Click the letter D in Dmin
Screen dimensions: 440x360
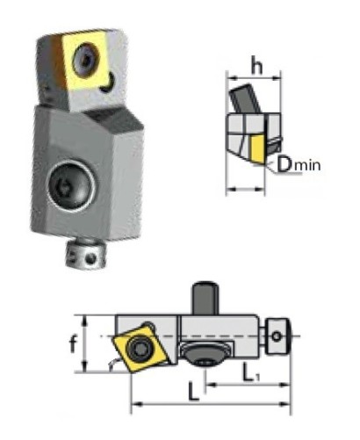[283, 163]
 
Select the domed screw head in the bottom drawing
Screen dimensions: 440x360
[202, 354]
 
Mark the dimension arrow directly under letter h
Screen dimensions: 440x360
[254, 80]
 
